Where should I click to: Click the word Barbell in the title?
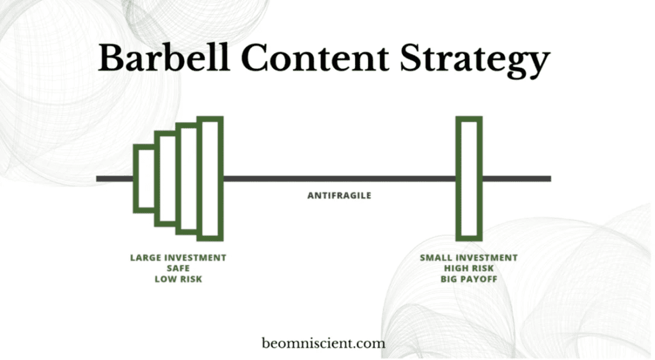click(164, 58)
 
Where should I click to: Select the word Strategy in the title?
click(475, 61)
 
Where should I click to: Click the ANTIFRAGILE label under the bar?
click(339, 196)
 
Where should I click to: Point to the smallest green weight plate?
click(136, 179)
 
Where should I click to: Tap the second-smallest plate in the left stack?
click(157, 179)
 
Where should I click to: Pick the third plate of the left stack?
click(178, 179)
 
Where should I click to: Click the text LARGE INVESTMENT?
click(178, 258)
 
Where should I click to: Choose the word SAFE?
click(178, 268)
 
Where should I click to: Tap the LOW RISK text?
click(178, 279)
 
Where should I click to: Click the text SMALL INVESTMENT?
click(469, 258)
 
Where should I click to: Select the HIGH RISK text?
click(469, 268)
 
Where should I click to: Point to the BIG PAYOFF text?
click(469, 279)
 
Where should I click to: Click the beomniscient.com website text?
click(324, 343)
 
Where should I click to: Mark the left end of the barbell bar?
click(97, 179)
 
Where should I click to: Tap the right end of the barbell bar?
click(551, 179)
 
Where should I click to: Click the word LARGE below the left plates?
click(146, 258)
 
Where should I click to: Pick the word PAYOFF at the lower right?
click(478, 279)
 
